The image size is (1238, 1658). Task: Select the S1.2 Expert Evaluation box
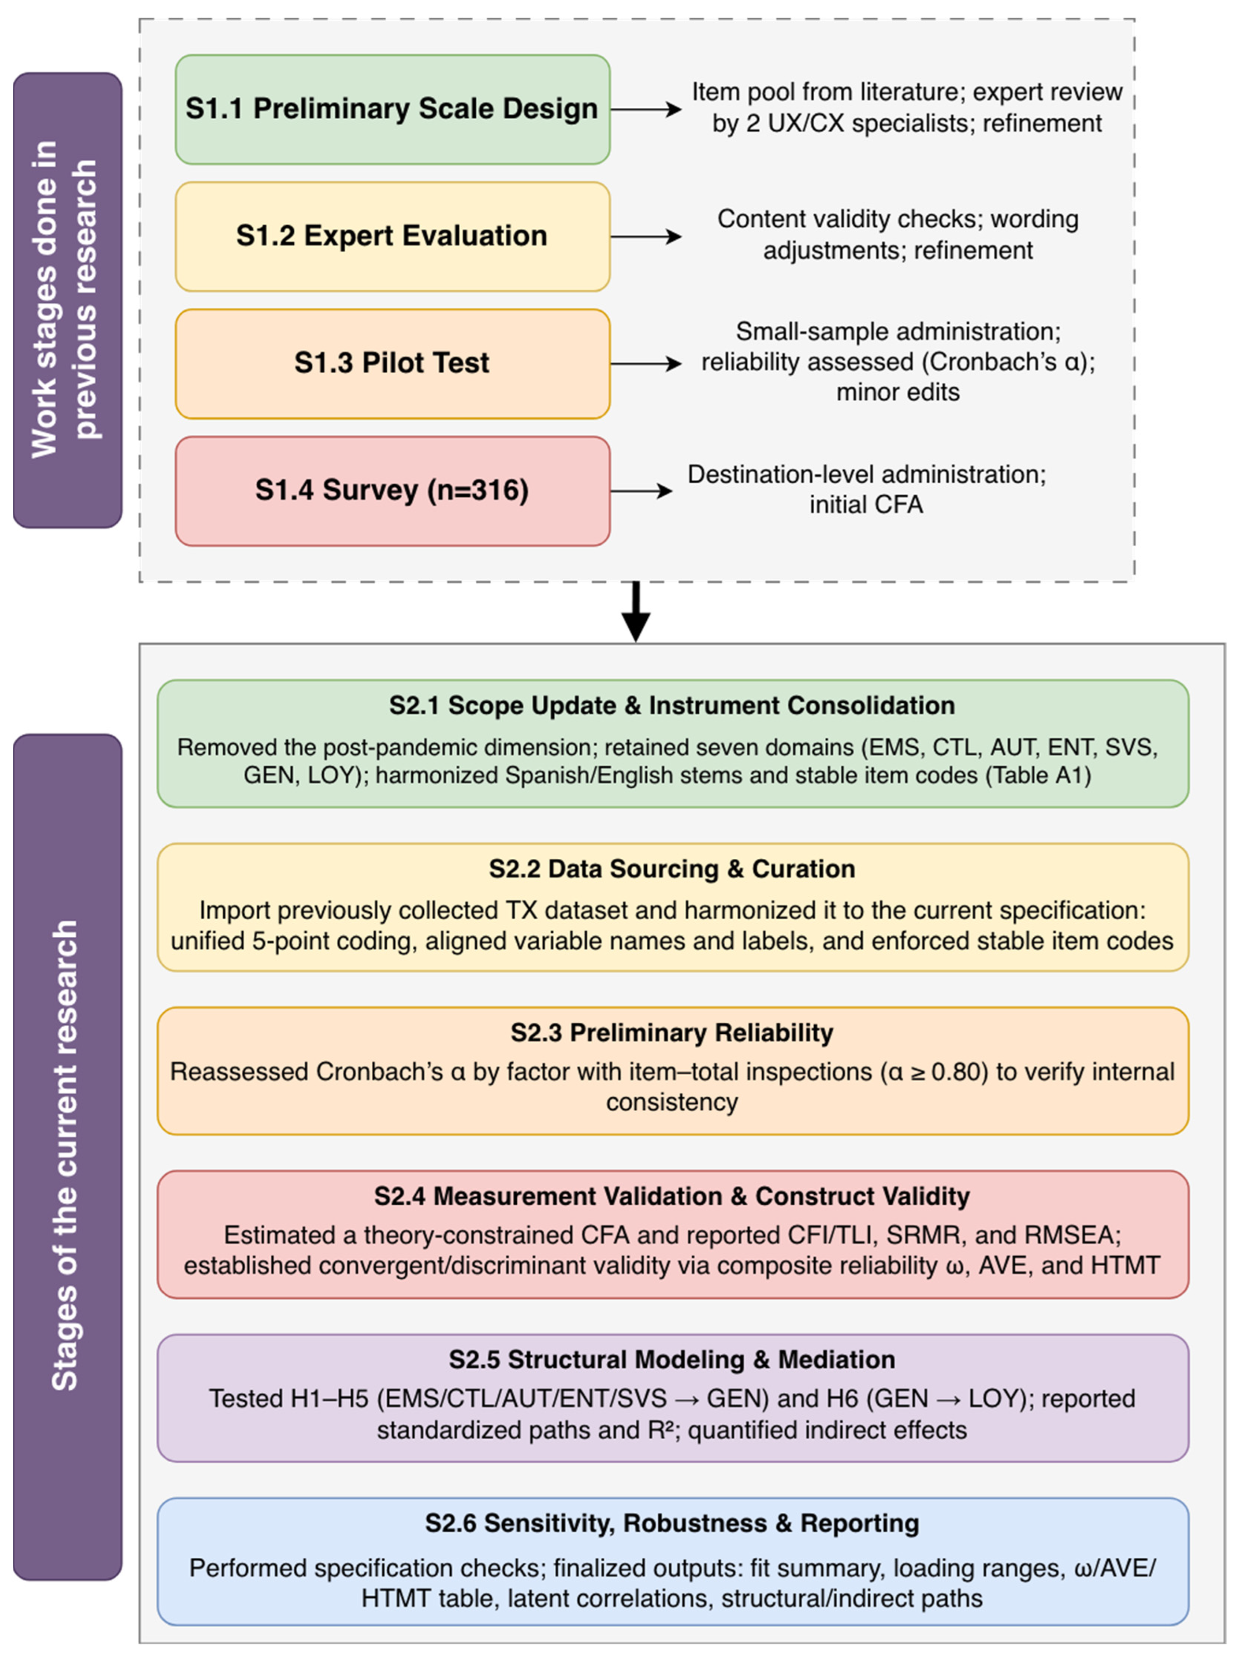[x=392, y=236]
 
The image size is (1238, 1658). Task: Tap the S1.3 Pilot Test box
[x=392, y=364]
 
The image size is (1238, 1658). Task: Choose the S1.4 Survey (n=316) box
[x=392, y=491]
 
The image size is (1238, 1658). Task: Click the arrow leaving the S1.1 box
[x=645, y=109]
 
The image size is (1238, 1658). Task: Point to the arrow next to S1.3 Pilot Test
[x=645, y=364]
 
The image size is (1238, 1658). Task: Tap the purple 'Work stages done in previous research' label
[x=67, y=300]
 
